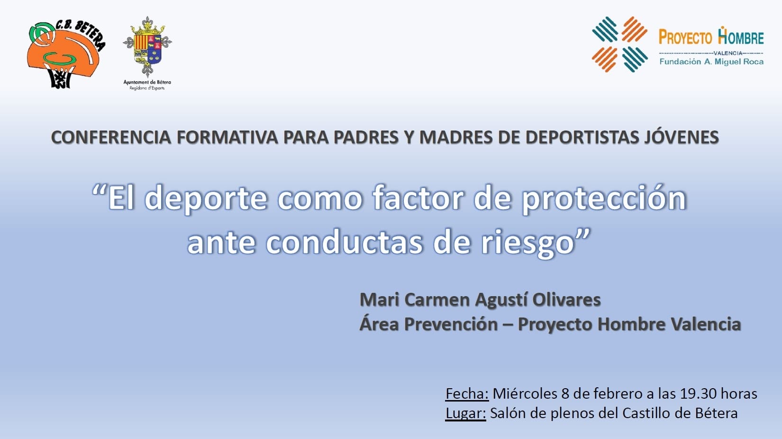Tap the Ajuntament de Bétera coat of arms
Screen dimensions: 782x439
coord(147,47)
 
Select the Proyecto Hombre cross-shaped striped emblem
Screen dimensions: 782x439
coord(619,44)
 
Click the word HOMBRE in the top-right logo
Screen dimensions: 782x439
coord(741,37)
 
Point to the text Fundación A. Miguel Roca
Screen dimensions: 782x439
coord(711,62)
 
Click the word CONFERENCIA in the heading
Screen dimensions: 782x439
coord(111,137)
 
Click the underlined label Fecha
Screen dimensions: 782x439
coord(467,394)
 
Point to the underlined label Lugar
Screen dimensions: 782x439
coord(465,414)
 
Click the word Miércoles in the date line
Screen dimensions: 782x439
coord(525,393)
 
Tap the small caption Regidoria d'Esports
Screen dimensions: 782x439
coord(147,88)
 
